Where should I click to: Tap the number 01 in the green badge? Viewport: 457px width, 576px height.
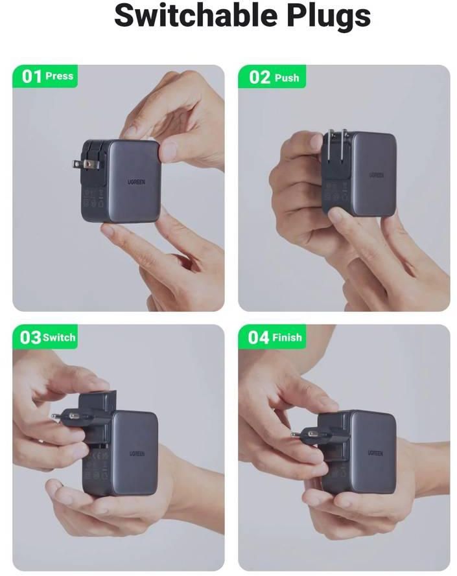coord(32,76)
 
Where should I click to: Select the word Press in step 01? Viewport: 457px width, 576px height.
coord(60,76)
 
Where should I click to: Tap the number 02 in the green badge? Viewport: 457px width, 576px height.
coord(259,77)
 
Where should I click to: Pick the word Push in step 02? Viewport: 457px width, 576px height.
coord(287,78)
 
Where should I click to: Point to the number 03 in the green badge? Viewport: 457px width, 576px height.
coord(30,337)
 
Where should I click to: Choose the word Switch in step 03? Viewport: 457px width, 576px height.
coord(59,337)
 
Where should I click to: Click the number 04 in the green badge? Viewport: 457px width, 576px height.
coord(259,337)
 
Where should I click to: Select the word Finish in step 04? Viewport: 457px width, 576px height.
coord(287,337)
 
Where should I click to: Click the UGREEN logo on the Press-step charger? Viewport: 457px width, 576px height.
coord(136,182)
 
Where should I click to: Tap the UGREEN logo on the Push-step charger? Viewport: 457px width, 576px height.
coord(376,175)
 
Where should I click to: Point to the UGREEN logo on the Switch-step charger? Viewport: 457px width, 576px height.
coord(137,454)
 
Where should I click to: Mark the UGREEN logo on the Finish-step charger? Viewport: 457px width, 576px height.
coord(375,454)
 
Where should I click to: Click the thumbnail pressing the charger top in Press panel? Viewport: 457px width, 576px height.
coord(167,151)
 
